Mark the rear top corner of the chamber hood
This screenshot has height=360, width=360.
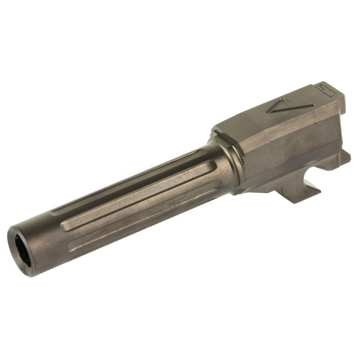(x=333, y=86)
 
